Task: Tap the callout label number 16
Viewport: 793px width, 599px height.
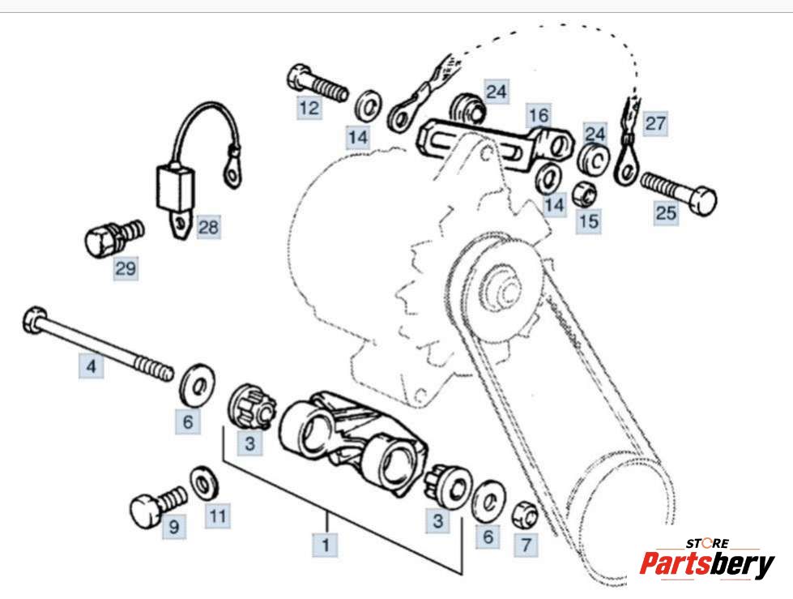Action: [x=538, y=114]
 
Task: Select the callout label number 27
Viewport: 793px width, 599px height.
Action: [x=655, y=124]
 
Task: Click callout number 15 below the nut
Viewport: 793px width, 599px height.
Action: [x=589, y=220]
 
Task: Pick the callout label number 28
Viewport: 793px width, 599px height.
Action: [x=208, y=227]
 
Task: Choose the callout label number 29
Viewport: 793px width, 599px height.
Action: [x=126, y=268]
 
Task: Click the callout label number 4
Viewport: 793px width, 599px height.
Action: [x=92, y=367]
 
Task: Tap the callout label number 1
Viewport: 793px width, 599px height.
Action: [x=326, y=546]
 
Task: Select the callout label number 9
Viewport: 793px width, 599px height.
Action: [x=173, y=528]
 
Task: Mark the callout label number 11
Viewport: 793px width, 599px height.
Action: [x=217, y=515]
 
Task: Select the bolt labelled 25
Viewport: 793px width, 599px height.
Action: [x=681, y=190]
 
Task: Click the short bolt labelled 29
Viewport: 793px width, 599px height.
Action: [x=111, y=236]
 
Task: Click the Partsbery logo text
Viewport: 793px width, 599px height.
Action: [x=706, y=564]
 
